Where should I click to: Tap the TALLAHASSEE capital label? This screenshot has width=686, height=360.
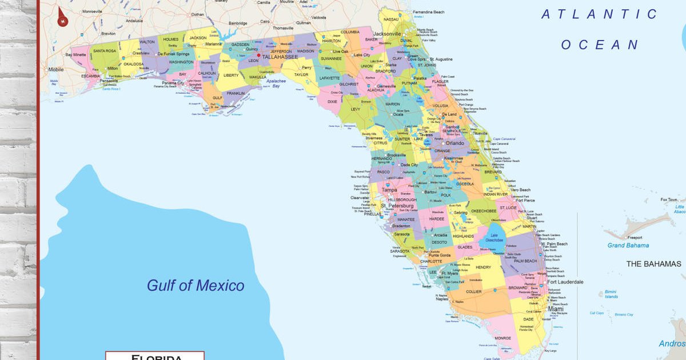pyautogui.click(x=280, y=57)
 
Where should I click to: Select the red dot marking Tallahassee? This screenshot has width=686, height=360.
pyautogui.click(x=258, y=55)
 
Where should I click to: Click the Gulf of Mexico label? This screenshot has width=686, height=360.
pyautogui.click(x=196, y=285)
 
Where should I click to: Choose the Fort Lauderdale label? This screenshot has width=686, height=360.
pyautogui.click(x=565, y=282)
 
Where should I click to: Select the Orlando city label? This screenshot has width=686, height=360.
pyautogui.click(x=455, y=143)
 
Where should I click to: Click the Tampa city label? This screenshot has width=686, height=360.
pyautogui.click(x=389, y=190)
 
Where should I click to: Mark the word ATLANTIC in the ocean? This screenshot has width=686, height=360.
pyautogui.click(x=600, y=14)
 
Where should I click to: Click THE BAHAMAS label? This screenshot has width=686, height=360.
pyautogui.click(x=654, y=263)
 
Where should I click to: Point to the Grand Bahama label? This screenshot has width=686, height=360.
pyautogui.click(x=628, y=245)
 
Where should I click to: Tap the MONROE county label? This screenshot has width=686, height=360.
pyautogui.click(x=503, y=338)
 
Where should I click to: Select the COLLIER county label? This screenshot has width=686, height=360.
pyautogui.click(x=474, y=291)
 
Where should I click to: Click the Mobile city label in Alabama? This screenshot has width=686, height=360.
pyautogui.click(x=56, y=69)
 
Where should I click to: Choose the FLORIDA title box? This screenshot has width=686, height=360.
pyautogui.click(x=155, y=356)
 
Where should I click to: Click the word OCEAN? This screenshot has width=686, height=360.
pyautogui.click(x=600, y=45)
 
